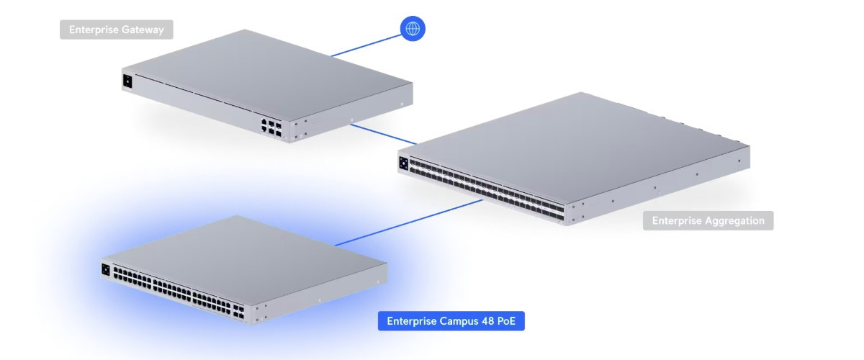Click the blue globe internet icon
413,29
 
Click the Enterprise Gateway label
117,30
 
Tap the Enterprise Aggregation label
708,221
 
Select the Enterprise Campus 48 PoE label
451,321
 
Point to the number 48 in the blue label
488,321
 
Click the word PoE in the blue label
506,321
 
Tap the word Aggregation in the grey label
734,221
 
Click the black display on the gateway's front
127,81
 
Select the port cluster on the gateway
271,127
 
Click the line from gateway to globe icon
366,45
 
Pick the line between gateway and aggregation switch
384,134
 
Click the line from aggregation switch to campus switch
408,222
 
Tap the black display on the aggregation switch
403,163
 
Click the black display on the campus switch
106,269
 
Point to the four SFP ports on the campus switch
238,312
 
